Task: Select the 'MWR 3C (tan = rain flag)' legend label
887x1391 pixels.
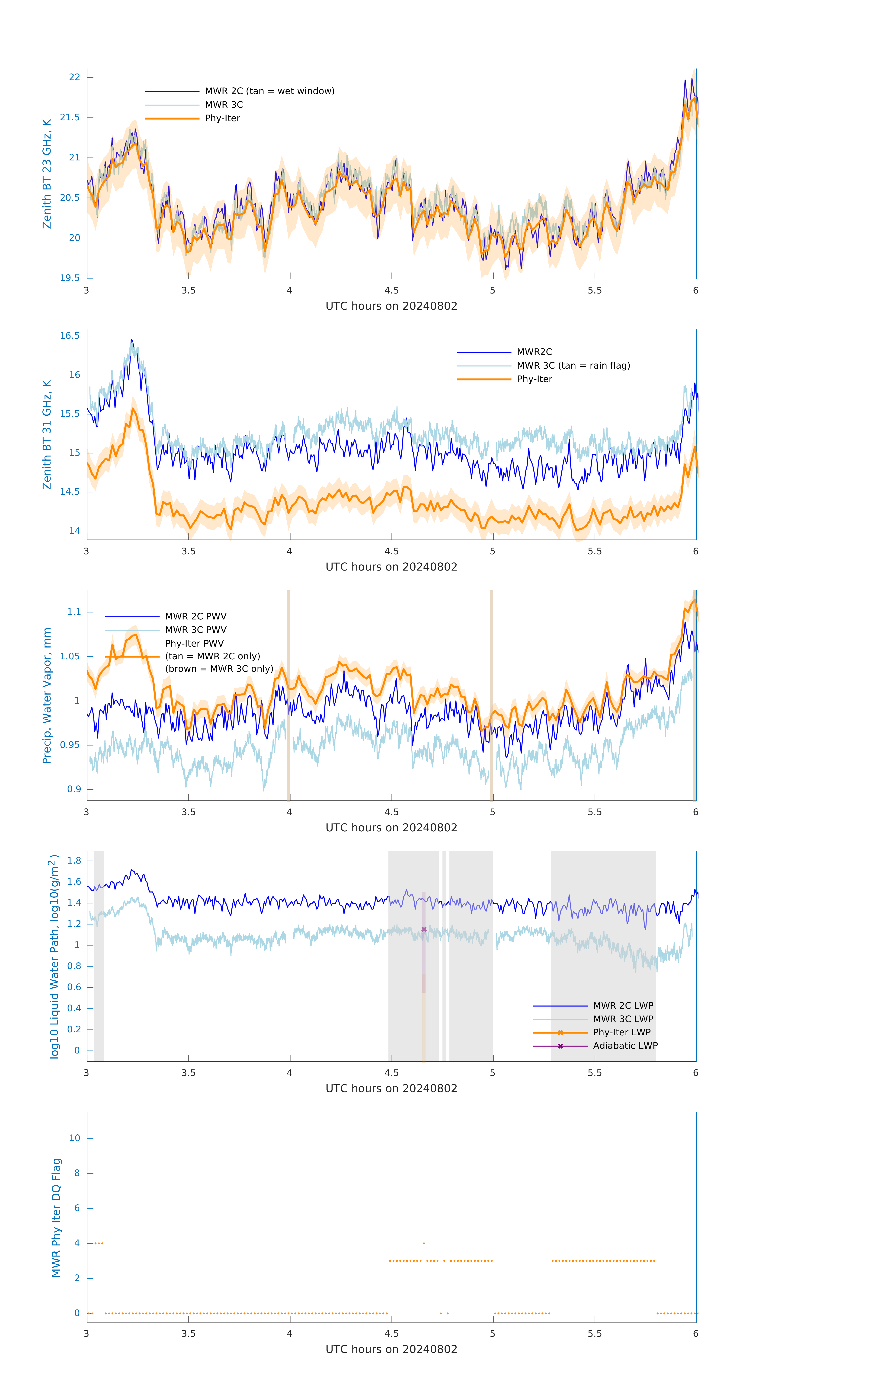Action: [573, 366]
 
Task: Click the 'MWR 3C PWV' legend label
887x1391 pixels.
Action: [195, 630]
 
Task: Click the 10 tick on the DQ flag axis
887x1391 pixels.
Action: [74, 1138]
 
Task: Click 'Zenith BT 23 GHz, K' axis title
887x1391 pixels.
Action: [47, 174]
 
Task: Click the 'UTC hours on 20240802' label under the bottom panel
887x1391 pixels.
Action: [391, 1350]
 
